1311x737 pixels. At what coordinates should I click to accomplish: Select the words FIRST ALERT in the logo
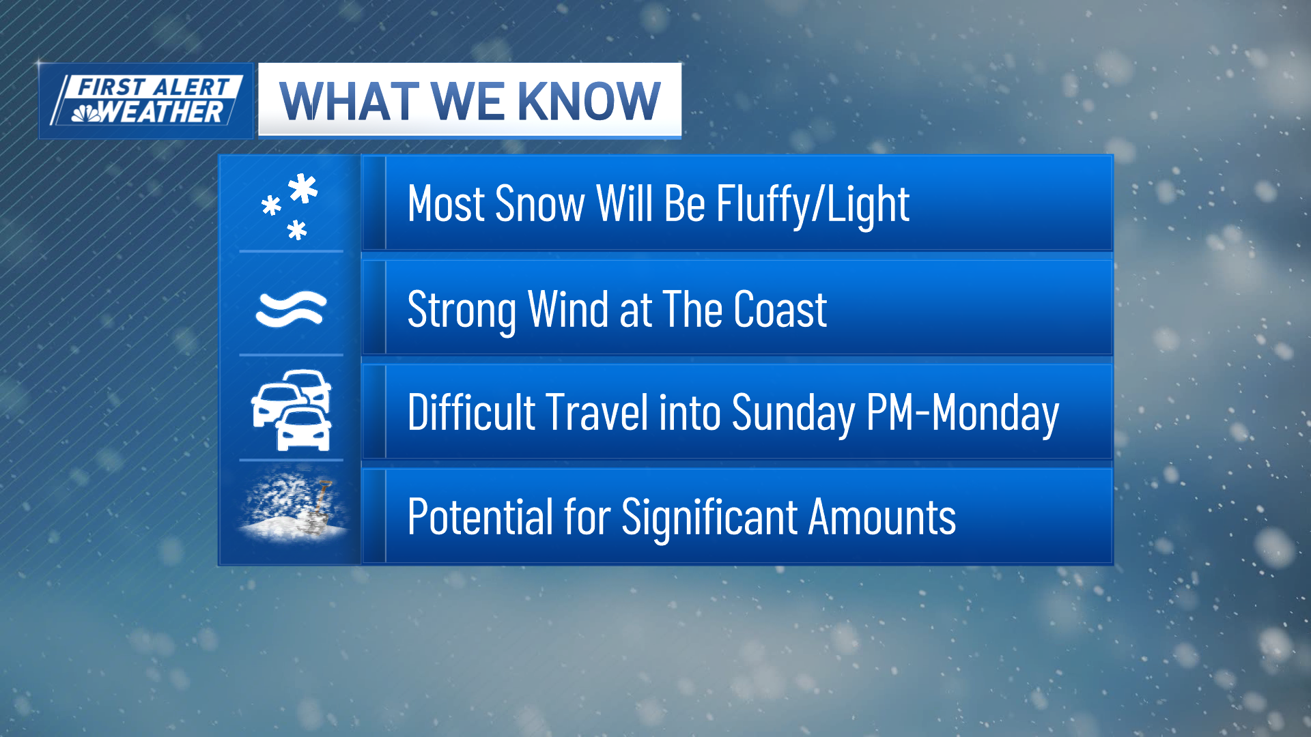[154, 87]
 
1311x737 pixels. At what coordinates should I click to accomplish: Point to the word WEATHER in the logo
[162, 112]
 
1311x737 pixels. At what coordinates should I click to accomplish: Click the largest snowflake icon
[302, 189]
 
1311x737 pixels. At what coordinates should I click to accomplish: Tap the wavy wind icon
[291, 308]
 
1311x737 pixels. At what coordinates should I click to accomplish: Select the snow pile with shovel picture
[292, 505]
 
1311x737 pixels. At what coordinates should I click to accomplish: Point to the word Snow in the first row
[540, 204]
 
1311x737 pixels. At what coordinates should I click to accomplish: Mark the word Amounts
[882, 517]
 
